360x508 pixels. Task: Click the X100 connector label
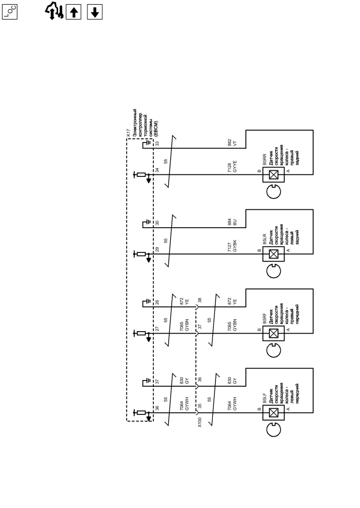pos(200,422)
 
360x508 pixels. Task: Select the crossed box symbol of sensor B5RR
pos(274,175)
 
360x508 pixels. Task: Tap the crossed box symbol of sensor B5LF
pos(274,412)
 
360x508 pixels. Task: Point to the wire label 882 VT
pos(232,143)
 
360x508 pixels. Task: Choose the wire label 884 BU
pos(232,223)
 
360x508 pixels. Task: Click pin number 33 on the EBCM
pos(157,143)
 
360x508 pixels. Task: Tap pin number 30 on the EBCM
pos(157,223)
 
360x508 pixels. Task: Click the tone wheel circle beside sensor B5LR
pos(273,271)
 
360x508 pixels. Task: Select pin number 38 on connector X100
pos(200,301)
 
